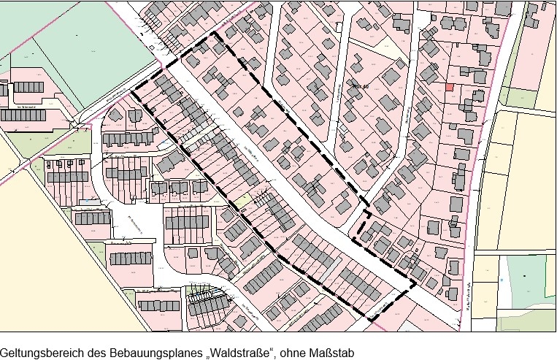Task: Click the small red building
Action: click(450, 87)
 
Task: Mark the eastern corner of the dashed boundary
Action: click(415, 283)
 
